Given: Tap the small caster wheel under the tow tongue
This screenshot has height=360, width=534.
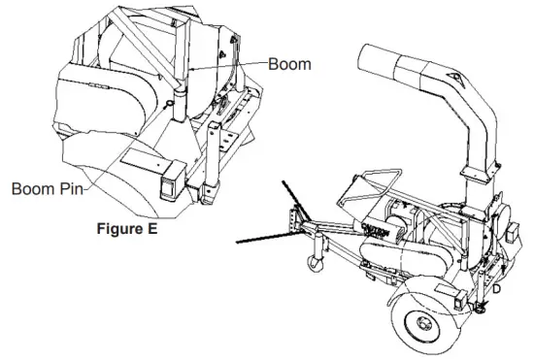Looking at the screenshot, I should pos(315,263).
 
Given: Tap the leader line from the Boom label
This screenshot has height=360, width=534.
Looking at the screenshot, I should pos(233,65).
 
